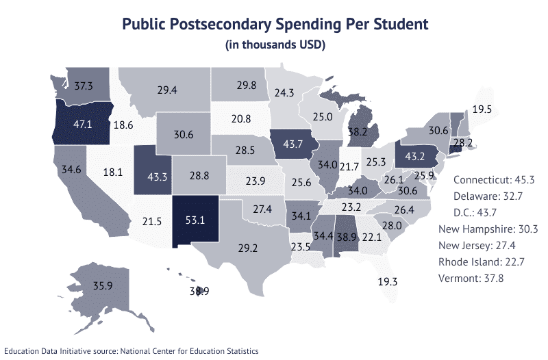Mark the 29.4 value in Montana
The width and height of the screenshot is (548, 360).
tap(167, 90)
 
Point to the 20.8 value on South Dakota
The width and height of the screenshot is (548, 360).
tap(240, 118)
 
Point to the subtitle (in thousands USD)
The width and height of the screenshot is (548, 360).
tap(274, 45)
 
